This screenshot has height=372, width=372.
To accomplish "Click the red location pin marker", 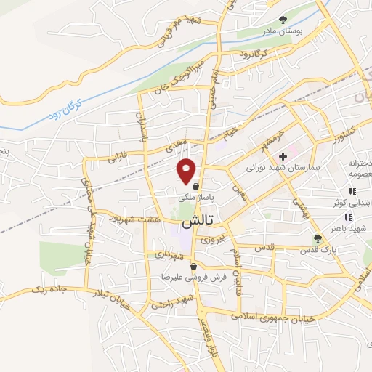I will tap(187, 170).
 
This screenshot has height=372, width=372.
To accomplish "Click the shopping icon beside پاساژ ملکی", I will tap(196, 186).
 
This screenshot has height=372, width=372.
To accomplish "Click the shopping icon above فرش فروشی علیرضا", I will tap(193, 267).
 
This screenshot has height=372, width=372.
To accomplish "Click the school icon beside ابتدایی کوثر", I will tap(352, 191).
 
